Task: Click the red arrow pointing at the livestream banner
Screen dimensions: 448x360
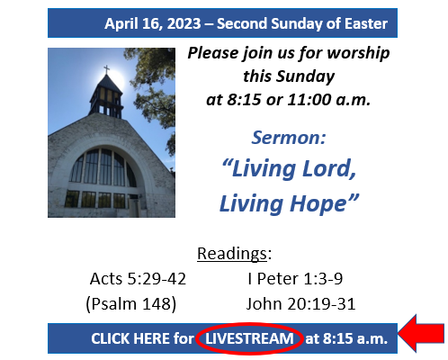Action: pos(421,333)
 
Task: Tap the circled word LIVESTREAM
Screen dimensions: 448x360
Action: pos(249,338)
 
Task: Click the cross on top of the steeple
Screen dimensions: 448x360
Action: pos(106,70)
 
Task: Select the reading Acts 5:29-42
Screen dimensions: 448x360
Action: pos(138,279)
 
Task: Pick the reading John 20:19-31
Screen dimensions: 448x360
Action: pos(300,304)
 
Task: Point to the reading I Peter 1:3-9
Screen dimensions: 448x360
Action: pos(295,279)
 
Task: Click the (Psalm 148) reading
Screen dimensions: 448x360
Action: pos(131,304)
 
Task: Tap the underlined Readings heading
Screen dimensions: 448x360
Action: pos(232,254)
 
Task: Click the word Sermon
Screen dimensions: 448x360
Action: pos(286,138)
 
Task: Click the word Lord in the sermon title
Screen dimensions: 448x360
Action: pos(326,168)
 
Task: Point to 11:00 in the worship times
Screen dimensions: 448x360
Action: pos(309,100)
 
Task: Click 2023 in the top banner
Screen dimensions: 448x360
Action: pos(184,23)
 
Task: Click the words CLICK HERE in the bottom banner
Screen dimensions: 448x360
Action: pos(130,338)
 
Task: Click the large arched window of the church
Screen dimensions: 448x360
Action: pos(103,168)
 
